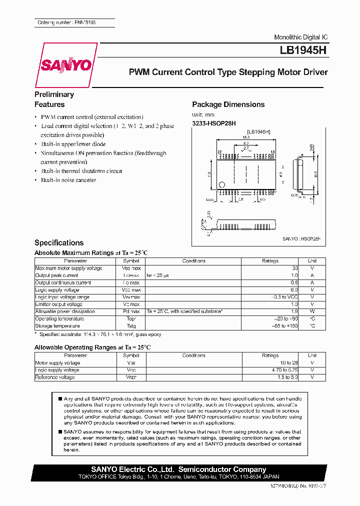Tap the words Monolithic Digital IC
301,38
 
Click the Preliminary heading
54,94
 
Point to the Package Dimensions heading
228,104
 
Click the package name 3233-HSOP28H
214,123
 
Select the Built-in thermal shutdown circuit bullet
81,171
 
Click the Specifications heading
59,242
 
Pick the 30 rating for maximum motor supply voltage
294,268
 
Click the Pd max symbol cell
131,311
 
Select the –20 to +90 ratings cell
287,319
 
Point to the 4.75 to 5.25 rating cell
285,370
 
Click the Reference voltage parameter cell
55,377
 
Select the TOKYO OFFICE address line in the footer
178,477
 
